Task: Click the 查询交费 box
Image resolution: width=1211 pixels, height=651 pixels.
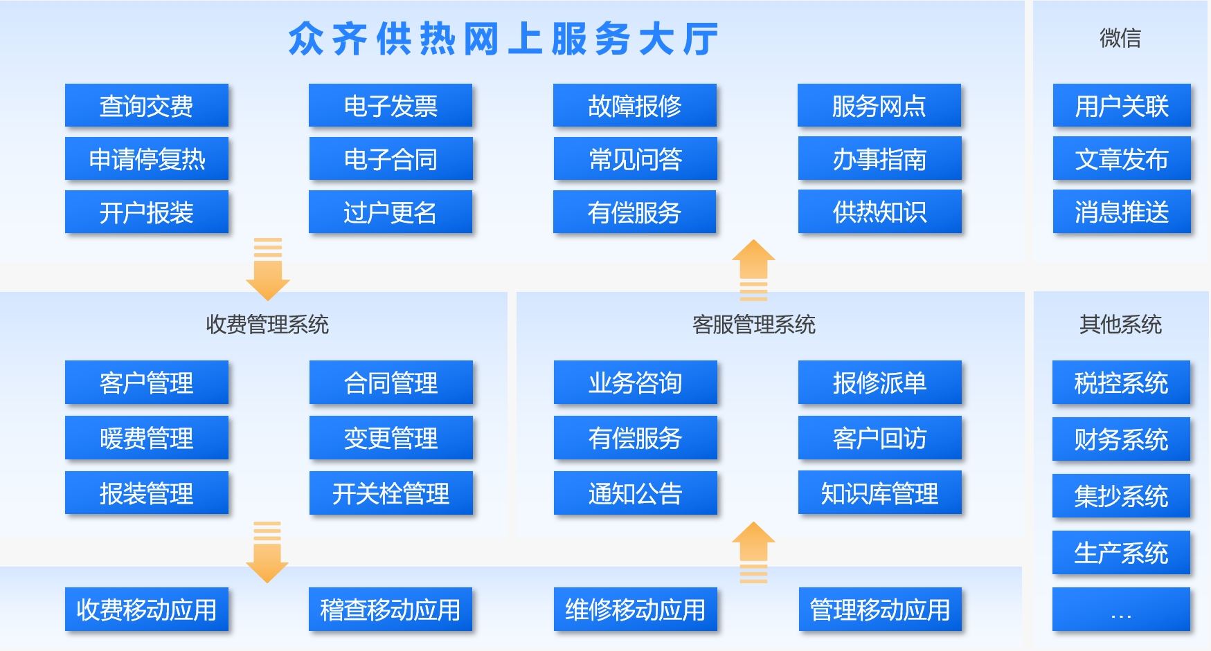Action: (x=147, y=105)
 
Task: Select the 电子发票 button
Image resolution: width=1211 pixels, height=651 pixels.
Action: (x=391, y=105)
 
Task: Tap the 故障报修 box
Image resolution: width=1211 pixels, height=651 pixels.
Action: (x=635, y=105)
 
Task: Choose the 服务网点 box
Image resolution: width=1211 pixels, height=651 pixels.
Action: (x=879, y=105)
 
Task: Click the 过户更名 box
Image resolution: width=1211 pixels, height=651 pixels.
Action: (x=391, y=212)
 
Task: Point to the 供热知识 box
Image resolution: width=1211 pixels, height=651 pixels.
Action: (x=880, y=212)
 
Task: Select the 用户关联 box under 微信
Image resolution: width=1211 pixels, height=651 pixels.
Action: (x=1122, y=105)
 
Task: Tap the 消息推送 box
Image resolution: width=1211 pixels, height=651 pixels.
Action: (x=1122, y=212)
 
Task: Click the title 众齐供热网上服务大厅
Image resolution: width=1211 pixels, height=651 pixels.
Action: (x=503, y=39)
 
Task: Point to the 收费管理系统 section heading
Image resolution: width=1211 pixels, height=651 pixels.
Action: (x=267, y=324)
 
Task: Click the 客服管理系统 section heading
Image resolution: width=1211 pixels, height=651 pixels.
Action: (x=754, y=324)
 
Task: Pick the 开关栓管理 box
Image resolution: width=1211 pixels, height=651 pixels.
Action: (x=391, y=493)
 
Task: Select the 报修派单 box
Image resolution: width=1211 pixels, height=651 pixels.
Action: (x=880, y=382)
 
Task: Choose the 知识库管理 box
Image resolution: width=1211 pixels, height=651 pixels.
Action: (x=880, y=493)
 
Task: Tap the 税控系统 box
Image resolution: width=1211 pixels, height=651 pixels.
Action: (x=1121, y=382)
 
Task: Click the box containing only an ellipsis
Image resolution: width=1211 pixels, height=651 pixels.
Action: (x=1121, y=609)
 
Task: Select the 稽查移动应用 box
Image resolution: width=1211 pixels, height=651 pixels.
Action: (x=391, y=609)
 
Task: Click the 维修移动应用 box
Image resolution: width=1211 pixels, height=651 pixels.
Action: (x=636, y=609)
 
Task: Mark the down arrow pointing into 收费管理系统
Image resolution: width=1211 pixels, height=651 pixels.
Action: (x=267, y=269)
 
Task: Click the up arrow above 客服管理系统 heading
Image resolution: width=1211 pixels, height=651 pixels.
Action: (x=753, y=270)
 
